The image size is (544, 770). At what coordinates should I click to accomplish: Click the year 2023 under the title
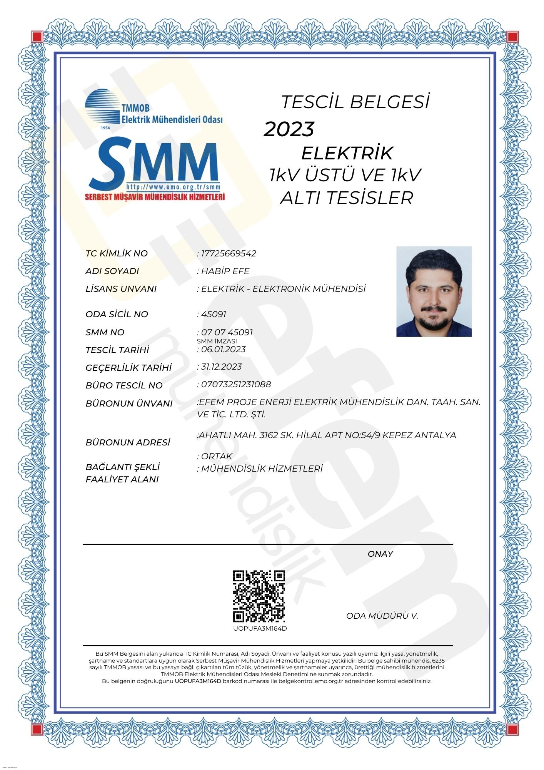tap(289, 129)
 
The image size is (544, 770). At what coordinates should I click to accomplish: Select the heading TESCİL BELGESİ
tap(355, 102)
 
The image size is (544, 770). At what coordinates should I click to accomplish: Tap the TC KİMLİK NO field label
tap(117, 253)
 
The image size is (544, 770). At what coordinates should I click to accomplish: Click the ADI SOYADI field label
tap(112, 271)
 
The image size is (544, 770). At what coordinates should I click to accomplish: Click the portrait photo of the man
tap(434, 291)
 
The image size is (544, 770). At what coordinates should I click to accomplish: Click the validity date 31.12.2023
tap(221, 367)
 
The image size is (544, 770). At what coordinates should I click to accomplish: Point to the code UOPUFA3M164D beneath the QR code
tap(260, 629)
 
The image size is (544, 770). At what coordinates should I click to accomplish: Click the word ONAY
tap(380, 554)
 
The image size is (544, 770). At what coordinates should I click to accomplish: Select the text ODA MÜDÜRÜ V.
tap(382, 616)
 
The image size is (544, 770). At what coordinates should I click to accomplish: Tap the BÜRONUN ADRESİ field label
tap(128, 442)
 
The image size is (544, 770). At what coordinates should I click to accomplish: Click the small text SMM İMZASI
tap(217, 341)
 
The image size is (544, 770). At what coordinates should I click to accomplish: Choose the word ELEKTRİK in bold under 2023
tap(347, 153)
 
